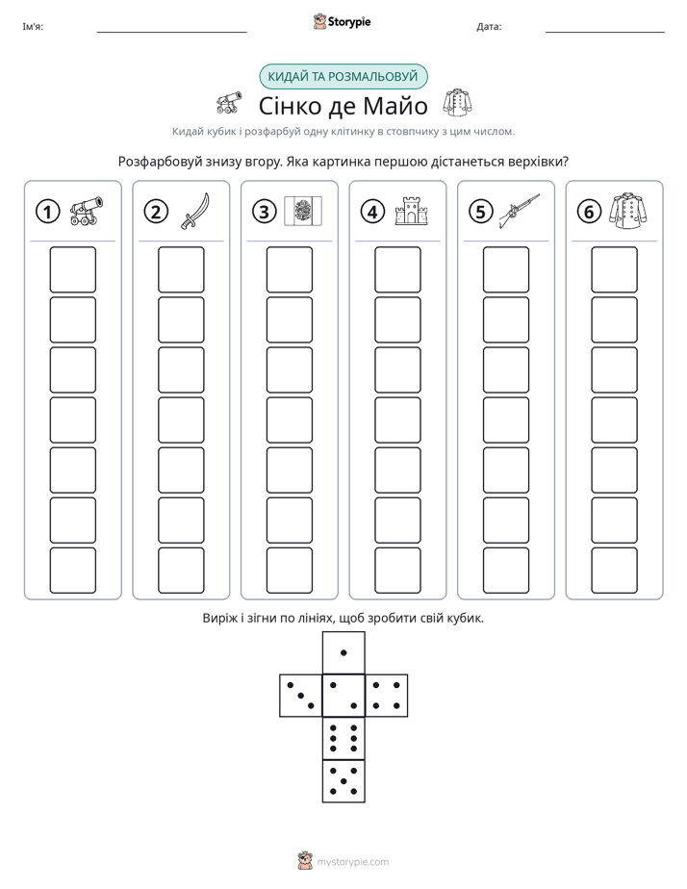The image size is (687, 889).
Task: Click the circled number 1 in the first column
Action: click(47, 212)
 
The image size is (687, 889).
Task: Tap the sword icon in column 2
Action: click(195, 211)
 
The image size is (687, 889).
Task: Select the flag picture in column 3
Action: click(303, 212)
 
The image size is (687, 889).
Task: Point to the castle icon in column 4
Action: click(411, 211)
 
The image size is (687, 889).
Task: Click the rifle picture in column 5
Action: click(520, 211)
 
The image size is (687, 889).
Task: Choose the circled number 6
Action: click(589, 212)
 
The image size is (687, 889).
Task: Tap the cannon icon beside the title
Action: click(229, 103)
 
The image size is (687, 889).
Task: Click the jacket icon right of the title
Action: click(457, 103)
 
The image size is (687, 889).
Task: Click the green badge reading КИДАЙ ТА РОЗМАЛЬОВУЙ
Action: click(343, 77)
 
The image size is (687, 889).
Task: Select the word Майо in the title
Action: click(395, 106)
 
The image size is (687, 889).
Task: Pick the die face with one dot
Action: click(343, 653)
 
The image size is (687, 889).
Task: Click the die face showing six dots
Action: click(343, 739)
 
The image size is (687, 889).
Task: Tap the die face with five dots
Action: click(343, 781)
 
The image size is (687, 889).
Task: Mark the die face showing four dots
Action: click(387, 696)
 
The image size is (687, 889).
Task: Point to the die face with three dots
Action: click(301, 696)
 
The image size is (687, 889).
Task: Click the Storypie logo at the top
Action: click(342, 21)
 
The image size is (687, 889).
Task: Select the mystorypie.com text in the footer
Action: click(352, 862)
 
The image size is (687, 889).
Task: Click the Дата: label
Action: click(489, 27)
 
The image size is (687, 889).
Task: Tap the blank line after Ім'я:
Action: click(171, 33)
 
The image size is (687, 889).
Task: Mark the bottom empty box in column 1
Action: click(72, 571)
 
